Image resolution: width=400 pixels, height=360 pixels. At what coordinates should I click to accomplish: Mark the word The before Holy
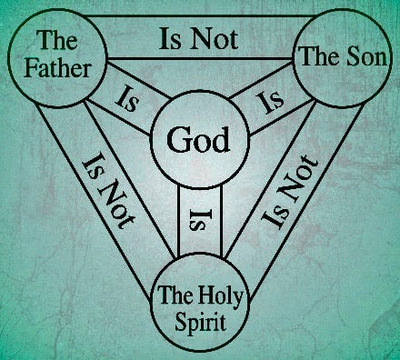coord(176,294)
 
